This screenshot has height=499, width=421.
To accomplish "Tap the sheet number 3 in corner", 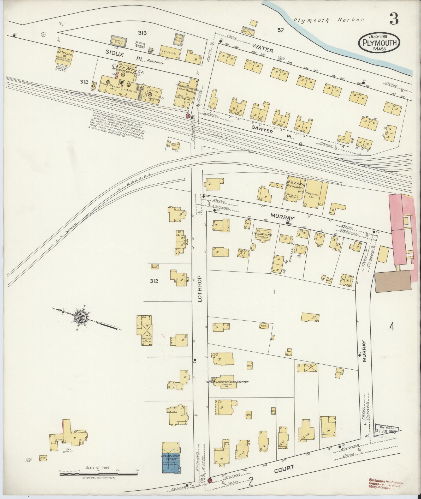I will (x=394, y=19).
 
